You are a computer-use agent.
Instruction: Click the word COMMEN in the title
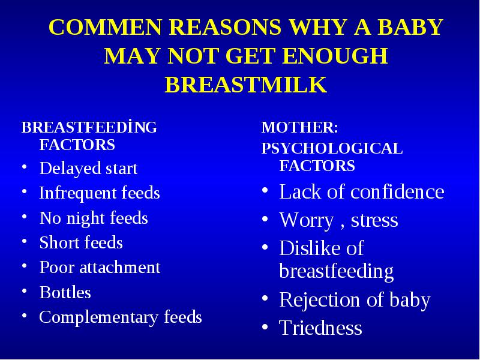coord(105,27)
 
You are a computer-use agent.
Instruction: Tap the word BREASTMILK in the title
coord(246,85)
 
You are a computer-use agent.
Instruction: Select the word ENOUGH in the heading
coord(335,56)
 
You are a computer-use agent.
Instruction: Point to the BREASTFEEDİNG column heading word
coord(89,127)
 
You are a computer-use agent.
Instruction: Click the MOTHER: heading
coord(299,127)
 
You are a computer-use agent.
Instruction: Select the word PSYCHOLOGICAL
coord(332,148)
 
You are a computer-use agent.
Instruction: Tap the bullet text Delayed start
coord(88,169)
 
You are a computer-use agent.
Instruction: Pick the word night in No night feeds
coord(86,218)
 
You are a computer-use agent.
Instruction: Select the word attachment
coord(120,267)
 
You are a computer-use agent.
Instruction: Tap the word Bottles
coord(65,292)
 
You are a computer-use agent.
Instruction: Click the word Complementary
coord(98,317)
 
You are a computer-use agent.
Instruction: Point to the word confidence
coord(397,192)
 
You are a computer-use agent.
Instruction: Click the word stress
coord(374,220)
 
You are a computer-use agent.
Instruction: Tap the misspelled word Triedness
coord(320,328)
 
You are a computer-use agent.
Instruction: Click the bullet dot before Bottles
coord(25,291)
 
